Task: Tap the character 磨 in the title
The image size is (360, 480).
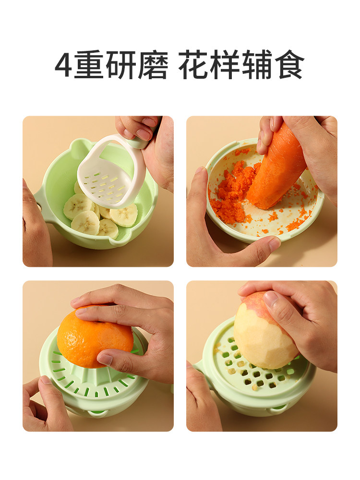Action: pos(155,66)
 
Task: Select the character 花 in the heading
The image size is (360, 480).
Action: pos(194,66)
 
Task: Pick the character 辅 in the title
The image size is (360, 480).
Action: pos(257,66)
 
